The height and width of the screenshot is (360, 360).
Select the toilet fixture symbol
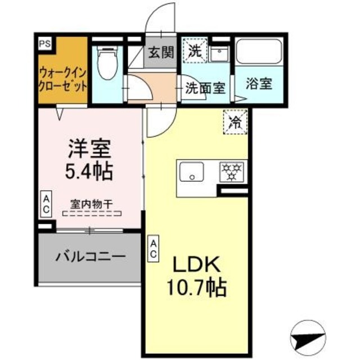click(106, 64)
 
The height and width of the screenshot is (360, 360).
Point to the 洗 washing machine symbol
click(195, 51)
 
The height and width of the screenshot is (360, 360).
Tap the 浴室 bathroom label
click(259, 84)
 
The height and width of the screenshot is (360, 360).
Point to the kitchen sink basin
click(193, 172)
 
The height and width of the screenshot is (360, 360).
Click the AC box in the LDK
click(152, 248)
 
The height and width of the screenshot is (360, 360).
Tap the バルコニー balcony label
click(89, 257)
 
